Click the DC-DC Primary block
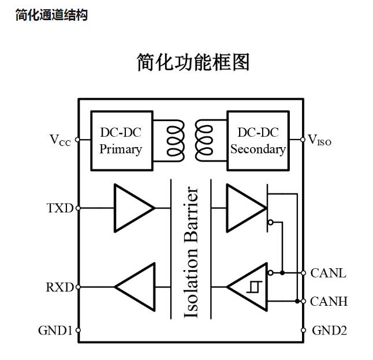pos(120,140)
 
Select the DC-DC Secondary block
pos(258,140)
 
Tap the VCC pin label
pos(60,140)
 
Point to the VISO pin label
pos(320,140)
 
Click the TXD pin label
pos(60,208)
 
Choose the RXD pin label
pos(60,287)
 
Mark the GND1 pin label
pos(55,331)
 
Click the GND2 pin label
pos(329,331)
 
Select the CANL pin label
pos(328,273)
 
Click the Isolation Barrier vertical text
pos(191,252)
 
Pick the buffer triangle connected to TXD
pos(133,207)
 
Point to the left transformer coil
pos(174,140)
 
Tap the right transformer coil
pos(204,140)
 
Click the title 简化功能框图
pos(193,62)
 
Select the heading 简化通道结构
pos(51,16)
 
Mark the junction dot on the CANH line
pos(297,301)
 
